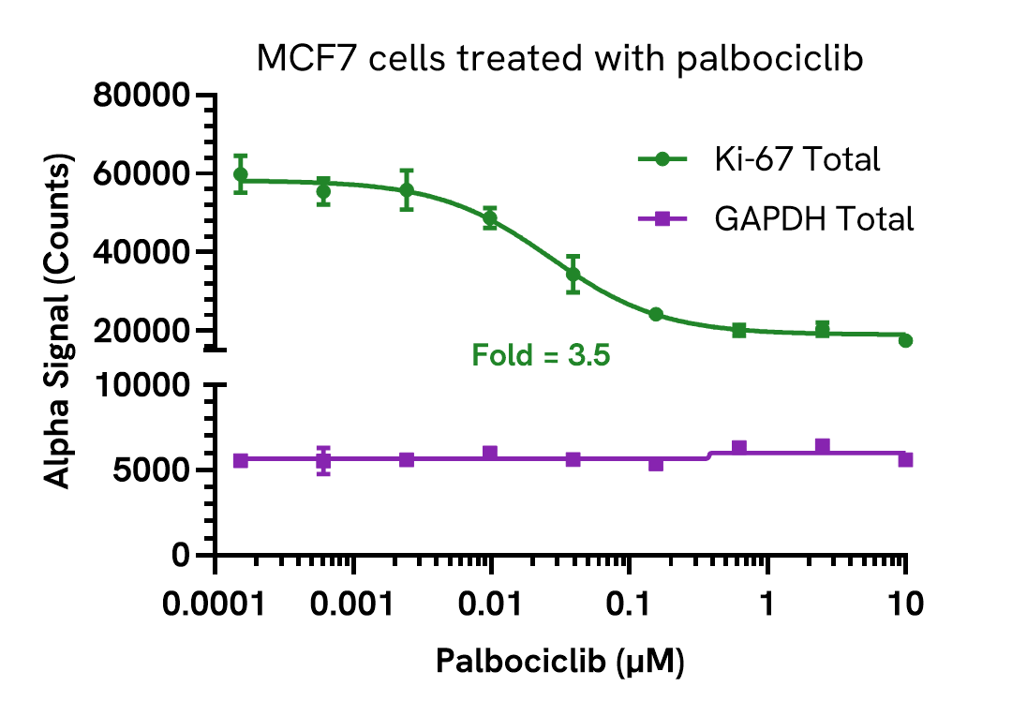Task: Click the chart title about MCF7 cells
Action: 558,60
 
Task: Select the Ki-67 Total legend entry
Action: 795,159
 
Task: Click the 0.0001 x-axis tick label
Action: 216,604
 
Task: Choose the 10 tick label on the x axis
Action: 904,604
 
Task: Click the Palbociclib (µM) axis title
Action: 560,664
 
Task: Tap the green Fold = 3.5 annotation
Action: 541,356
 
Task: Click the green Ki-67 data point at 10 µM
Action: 905,340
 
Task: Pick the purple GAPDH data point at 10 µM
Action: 905,459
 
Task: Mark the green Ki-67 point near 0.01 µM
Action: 490,219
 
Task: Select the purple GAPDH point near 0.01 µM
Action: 490,454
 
